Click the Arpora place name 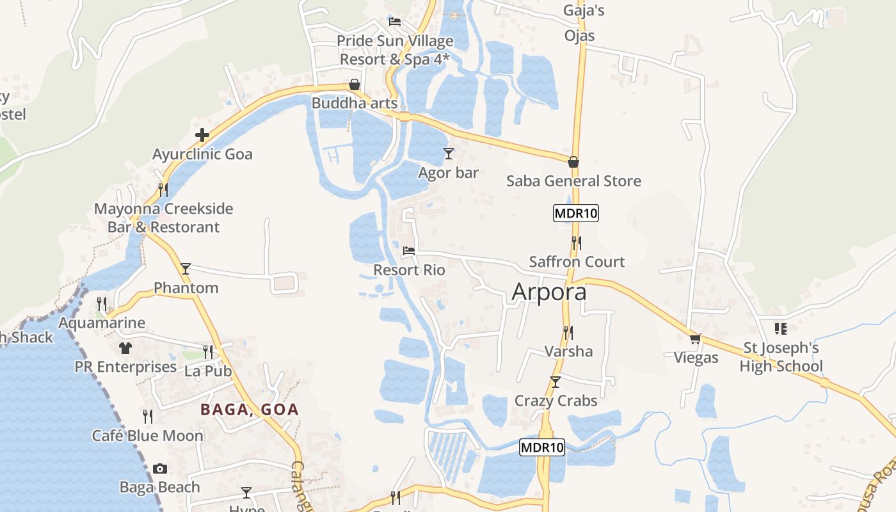click(x=549, y=292)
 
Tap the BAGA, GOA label click(x=250, y=410)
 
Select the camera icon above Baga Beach click(x=160, y=469)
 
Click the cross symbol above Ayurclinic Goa click(x=202, y=135)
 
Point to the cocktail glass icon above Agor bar click(x=449, y=154)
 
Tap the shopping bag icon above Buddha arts click(x=354, y=84)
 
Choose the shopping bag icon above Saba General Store click(x=573, y=162)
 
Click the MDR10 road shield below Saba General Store click(x=576, y=213)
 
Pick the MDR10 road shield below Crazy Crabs click(x=542, y=447)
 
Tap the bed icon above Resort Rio click(x=409, y=252)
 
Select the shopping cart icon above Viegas click(x=696, y=339)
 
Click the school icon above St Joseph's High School click(x=781, y=329)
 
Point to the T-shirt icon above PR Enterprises click(x=125, y=348)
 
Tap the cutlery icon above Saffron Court click(x=577, y=243)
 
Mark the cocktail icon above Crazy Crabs click(x=556, y=382)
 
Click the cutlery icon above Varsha click(x=568, y=332)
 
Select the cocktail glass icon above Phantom click(x=186, y=269)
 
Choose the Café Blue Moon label click(x=148, y=436)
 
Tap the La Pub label click(x=207, y=371)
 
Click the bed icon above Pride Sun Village click(x=395, y=22)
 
